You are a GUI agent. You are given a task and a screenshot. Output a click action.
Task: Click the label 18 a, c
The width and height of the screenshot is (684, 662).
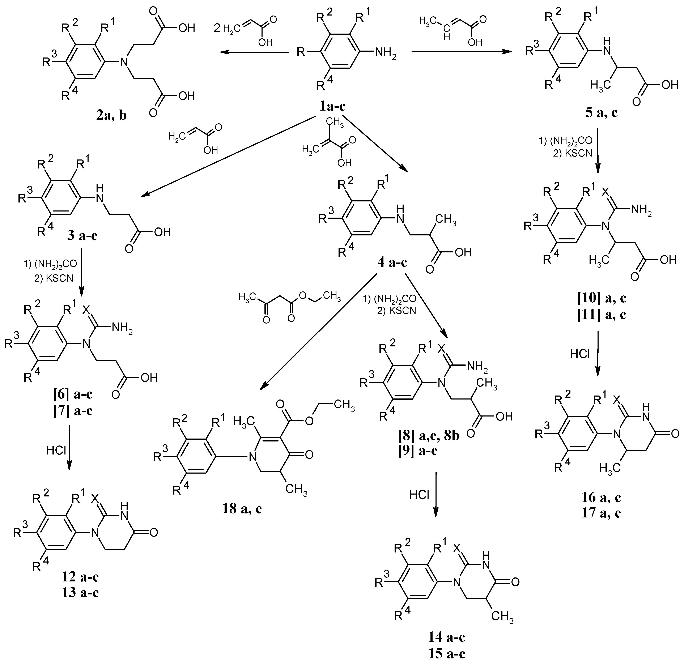[x=242, y=509]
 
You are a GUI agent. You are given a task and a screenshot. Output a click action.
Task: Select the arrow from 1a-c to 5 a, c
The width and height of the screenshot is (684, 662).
[x=462, y=52]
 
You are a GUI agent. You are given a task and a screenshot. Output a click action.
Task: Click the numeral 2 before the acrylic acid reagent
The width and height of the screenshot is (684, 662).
[x=217, y=29]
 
